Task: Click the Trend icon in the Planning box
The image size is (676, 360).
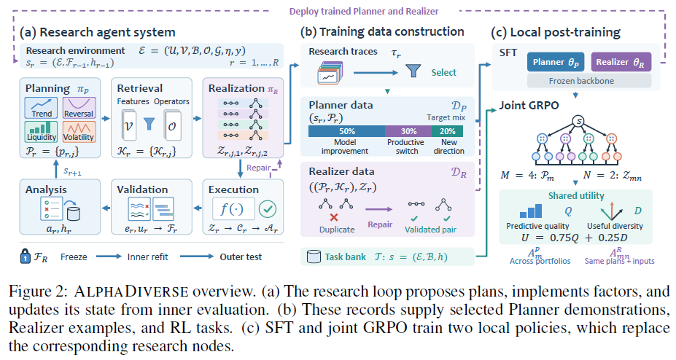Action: tap(42, 108)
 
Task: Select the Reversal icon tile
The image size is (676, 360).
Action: tap(79, 108)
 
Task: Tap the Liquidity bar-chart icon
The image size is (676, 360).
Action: tap(42, 131)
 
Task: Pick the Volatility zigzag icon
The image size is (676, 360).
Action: tap(79, 131)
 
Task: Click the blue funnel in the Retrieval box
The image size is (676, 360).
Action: tap(149, 124)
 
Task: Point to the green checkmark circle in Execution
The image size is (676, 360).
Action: tap(268, 209)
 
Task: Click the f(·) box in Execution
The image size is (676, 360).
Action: tap(233, 209)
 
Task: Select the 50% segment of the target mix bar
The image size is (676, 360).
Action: tap(346, 131)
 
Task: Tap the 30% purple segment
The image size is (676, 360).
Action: tap(408, 131)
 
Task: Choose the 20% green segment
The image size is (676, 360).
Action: tap(448, 131)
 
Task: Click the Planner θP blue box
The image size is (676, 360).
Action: tap(556, 62)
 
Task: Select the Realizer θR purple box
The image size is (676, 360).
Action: tap(621, 62)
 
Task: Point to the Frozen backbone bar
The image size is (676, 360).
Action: tap(589, 80)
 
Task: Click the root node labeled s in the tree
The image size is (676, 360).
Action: tap(578, 122)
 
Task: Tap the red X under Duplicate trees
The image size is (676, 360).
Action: tap(334, 217)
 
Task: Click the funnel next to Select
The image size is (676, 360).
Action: tap(413, 71)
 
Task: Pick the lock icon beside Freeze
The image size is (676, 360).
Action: tap(25, 257)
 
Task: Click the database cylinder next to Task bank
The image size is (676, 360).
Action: tap(314, 257)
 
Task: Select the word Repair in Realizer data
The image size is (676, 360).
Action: tap(380, 224)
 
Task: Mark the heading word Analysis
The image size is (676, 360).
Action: tap(46, 189)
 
